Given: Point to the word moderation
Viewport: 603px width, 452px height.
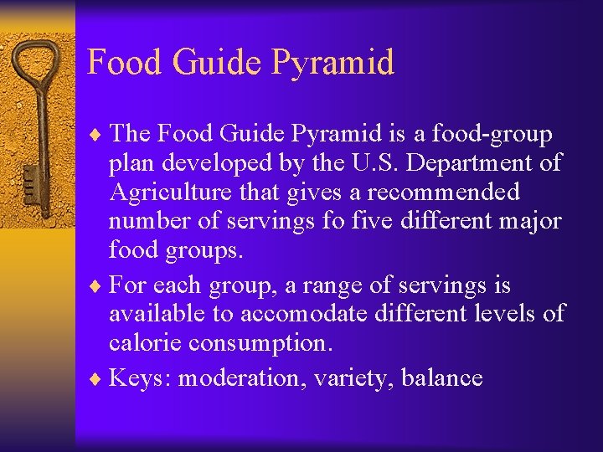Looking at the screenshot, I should tap(243, 378).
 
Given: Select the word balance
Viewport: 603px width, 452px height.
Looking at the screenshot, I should tap(441, 378).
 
